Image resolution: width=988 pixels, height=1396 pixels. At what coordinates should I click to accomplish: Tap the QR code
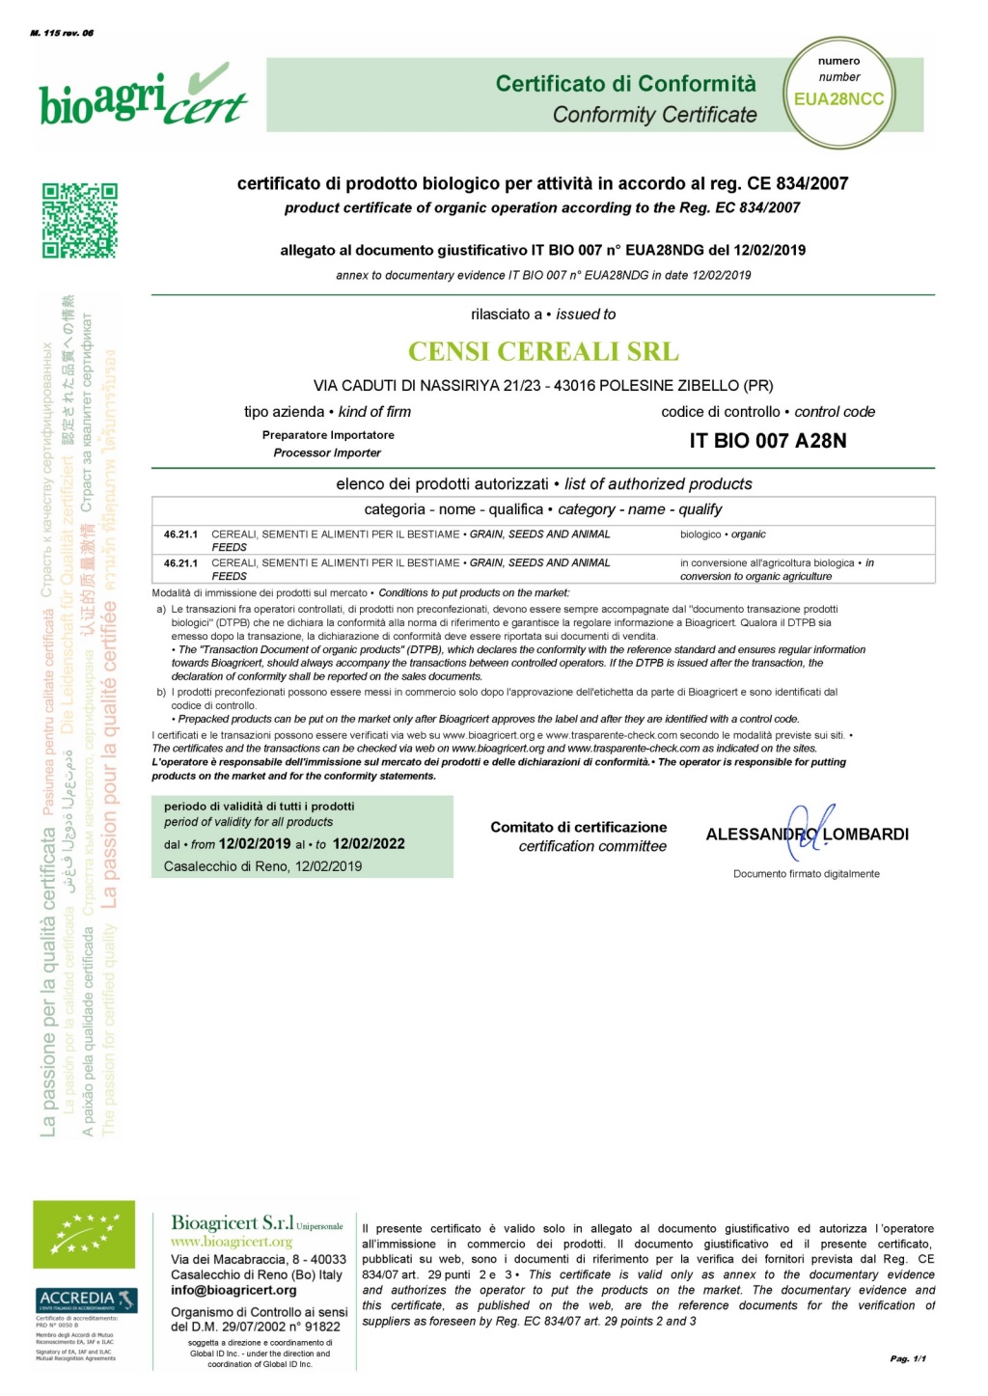point(79,221)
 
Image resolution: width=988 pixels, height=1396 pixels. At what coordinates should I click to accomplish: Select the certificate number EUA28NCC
point(838,99)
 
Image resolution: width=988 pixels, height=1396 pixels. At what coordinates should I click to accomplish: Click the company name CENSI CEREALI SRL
point(543,351)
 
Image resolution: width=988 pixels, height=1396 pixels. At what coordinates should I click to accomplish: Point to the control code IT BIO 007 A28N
point(768,441)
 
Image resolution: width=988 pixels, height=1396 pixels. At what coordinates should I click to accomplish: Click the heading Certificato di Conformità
point(625,84)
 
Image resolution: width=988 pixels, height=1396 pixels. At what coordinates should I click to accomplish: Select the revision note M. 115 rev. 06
point(62,33)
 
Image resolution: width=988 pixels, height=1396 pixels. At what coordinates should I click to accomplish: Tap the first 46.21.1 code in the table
point(180,534)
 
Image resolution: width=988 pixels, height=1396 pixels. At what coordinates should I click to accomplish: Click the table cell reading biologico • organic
point(723,534)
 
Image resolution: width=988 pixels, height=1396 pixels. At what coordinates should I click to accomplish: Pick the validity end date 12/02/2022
point(369,843)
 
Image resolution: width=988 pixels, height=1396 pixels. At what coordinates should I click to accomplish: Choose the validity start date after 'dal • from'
point(255,843)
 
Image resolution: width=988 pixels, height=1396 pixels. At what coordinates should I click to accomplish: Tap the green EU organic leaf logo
point(84,1234)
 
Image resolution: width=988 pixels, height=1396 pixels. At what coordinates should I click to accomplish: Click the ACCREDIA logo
point(86,1300)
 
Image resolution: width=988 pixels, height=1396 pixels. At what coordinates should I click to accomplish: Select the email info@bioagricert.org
point(233,1290)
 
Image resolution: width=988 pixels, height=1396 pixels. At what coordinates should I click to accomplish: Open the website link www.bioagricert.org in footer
point(232,1242)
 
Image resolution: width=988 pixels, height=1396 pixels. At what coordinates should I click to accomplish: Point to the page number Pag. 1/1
point(908,1358)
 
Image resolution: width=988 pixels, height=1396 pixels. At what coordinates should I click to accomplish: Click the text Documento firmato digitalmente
point(806,874)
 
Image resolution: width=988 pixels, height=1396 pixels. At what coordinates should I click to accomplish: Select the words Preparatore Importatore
point(328,435)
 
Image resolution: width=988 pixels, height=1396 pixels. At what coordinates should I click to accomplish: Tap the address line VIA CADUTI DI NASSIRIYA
point(543,386)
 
